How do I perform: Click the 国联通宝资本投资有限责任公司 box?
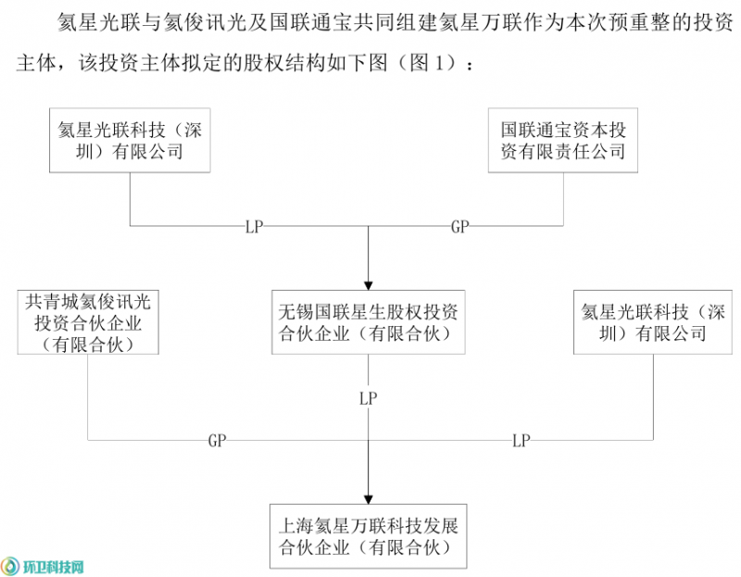click(563, 140)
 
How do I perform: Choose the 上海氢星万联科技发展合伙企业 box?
click(369, 536)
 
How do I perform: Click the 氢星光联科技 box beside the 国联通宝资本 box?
click(129, 140)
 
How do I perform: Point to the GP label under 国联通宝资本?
click(460, 226)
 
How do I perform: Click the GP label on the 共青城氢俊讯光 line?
click(218, 441)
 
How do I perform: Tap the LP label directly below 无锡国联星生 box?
click(369, 398)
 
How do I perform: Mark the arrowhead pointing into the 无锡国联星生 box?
click(369, 282)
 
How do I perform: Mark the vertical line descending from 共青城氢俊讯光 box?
click(89, 398)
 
